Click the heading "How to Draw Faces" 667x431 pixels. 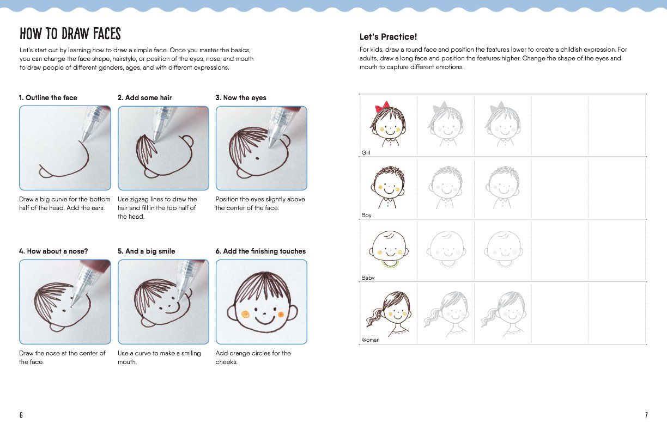(70, 34)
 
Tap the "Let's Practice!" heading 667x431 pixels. (388, 37)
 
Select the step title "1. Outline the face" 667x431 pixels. (48, 98)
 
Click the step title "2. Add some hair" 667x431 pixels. (144, 98)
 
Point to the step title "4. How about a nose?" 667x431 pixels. (53, 251)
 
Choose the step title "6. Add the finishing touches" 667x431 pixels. (260, 251)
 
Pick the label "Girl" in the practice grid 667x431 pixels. (366, 153)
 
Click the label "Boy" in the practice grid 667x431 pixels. (366, 215)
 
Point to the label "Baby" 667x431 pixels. (368, 278)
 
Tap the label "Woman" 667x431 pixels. (370, 340)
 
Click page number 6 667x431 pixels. (21, 415)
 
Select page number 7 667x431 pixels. (646, 415)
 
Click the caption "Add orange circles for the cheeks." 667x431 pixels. (253, 358)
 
